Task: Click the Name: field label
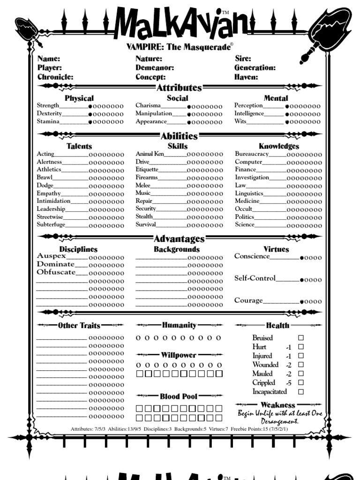click(49, 59)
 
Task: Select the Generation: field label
click(255, 68)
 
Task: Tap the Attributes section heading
click(179, 88)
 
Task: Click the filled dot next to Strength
click(91, 106)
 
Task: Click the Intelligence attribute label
click(249, 113)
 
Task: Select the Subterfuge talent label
click(51, 225)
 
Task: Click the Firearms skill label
click(147, 178)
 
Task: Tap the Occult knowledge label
click(244, 209)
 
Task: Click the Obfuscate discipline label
click(56, 272)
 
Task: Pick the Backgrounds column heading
click(177, 249)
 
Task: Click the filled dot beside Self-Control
click(302, 280)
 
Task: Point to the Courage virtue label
click(248, 300)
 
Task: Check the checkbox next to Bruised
click(301, 337)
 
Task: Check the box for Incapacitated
click(301, 392)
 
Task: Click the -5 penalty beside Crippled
click(289, 383)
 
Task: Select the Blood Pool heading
click(179, 397)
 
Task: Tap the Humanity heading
click(179, 325)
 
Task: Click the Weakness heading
click(278, 405)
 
